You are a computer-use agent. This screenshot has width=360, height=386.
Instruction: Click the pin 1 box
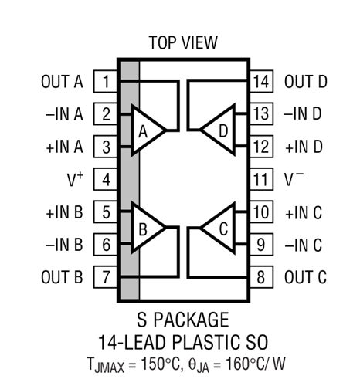click(106, 81)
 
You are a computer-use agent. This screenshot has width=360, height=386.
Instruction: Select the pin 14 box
click(261, 81)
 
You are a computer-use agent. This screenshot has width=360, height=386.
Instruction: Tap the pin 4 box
click(106, 179)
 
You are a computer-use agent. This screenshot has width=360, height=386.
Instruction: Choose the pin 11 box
click(261, 179)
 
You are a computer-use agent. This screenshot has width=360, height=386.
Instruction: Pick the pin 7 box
click(106, 277)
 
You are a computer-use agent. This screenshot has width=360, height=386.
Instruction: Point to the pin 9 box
click(261, 244)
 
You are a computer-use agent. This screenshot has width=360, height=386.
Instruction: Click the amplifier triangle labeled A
click(147, 130)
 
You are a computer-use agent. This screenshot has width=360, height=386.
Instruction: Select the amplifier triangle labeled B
click(147, 228)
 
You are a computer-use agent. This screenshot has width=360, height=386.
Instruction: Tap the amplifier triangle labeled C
click(219, 228)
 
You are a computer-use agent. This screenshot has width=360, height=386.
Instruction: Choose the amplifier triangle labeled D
click(219, 130)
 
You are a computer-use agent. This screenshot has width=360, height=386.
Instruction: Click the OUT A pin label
click(62, 82)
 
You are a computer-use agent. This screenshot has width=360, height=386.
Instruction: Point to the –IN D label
click(303, 113)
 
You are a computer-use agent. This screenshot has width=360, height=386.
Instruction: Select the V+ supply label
click(75, 179)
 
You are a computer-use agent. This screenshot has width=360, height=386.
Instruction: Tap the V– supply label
click(294, 178)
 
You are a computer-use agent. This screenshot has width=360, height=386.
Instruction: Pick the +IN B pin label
click(64, 212)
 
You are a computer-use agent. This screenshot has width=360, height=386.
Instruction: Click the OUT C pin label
click(305, 277)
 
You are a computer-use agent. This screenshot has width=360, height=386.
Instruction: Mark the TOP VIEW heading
click(183, 42)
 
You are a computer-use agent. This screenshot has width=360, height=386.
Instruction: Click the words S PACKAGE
click(183, 320)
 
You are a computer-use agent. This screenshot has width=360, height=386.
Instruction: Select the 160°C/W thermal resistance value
click(256, 364)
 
